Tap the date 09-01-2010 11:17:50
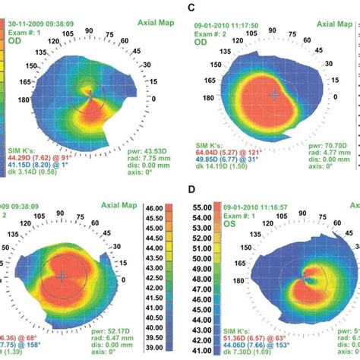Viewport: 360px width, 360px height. tap(227, 24)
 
